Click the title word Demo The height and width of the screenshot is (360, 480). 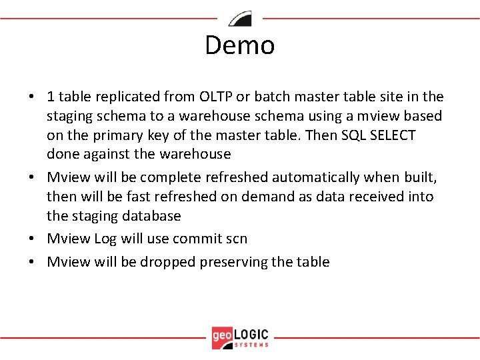[239, 45]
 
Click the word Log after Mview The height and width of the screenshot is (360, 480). [105, 239]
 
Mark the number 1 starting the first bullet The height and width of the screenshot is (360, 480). [51, 97]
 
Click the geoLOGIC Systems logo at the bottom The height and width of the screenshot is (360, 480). [240, 337]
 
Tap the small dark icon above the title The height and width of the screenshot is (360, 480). [240, 19]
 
